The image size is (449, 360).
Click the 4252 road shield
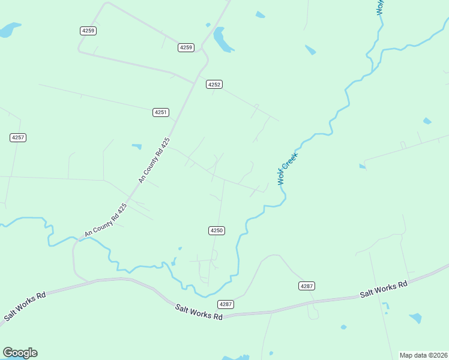click(214, 85)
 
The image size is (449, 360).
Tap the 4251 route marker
click(161, 112)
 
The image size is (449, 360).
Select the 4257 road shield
click(18, 137)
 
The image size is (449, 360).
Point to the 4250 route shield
click(217, 230)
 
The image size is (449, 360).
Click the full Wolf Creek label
click(288, 168)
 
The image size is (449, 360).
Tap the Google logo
click(20, 353)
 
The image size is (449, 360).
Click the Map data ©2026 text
click(424, 355)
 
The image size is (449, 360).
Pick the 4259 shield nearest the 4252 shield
click(186, 47)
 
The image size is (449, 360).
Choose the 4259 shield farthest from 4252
click(88, 30)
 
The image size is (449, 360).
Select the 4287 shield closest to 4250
click(226, 304)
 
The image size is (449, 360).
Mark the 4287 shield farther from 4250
click(306, 286)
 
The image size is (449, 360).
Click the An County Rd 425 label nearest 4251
click(155, 160)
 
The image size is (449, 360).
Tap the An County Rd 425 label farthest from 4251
click(106, 220)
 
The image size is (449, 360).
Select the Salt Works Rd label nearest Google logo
click(25, 307)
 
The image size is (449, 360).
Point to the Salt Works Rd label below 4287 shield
click(199, 312)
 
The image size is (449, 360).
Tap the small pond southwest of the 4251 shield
click(137, 146)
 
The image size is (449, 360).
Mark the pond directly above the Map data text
click(415, 317)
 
